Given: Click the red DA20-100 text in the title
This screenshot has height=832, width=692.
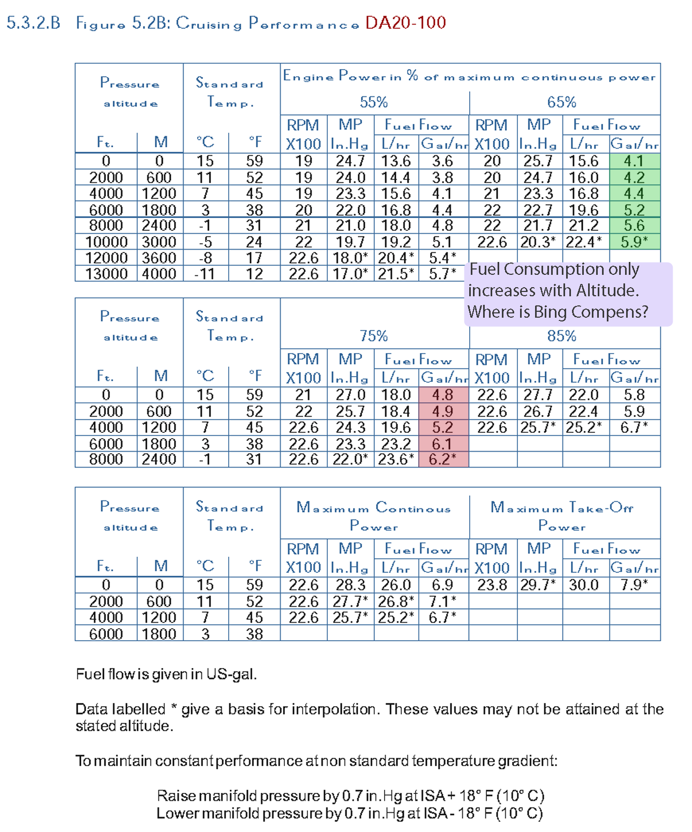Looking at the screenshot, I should point(405,23).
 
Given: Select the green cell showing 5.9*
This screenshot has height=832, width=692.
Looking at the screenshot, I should point(634,242).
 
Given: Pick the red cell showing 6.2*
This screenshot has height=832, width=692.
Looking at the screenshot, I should point(442,460).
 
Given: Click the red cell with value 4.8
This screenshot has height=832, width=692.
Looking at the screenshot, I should point(442,395).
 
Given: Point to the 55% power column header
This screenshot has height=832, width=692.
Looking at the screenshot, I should point(373,102).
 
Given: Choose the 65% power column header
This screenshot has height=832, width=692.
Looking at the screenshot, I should point(562,102).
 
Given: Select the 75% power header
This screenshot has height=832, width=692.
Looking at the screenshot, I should point(373,336).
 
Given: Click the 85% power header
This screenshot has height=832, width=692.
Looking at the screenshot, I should point(562,336).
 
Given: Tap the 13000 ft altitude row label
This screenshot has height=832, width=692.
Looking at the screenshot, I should point(106,274).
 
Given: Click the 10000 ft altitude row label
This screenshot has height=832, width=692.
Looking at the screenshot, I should point(106,242).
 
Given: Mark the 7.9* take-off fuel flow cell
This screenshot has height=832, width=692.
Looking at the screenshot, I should point(634,584).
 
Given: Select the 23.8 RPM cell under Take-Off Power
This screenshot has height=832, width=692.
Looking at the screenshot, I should point(491,584).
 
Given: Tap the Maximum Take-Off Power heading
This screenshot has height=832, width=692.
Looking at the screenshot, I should point(562,515).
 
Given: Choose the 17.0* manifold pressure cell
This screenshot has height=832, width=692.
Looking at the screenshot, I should point(350,274).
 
